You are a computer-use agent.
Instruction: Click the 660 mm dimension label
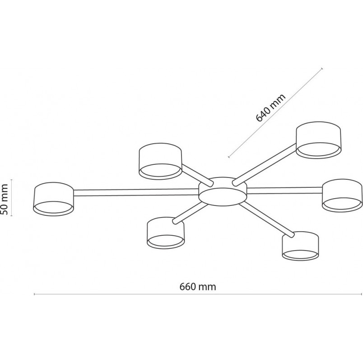click(198, 287)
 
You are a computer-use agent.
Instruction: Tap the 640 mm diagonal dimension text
click(270, 107)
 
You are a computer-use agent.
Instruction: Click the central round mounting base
click(222, 192)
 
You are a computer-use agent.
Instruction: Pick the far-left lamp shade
click(54, 199)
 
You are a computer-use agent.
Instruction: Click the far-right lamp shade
click(342, 195)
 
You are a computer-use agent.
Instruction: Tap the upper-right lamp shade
click(319, 140)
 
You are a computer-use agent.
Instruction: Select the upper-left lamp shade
click(160, 161)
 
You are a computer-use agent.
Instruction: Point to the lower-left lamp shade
click(166, 233)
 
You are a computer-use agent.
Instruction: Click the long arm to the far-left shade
click(136, 192)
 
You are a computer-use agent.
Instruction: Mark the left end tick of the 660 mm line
click(34, 294)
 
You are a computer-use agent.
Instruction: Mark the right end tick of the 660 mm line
click(361, 294)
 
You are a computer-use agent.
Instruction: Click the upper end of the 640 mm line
click(322, 69)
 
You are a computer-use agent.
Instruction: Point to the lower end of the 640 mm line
click(229, 157)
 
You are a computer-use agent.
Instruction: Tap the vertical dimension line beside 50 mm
click(12, 197)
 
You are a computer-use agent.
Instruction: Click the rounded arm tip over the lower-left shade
click(175, 221)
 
